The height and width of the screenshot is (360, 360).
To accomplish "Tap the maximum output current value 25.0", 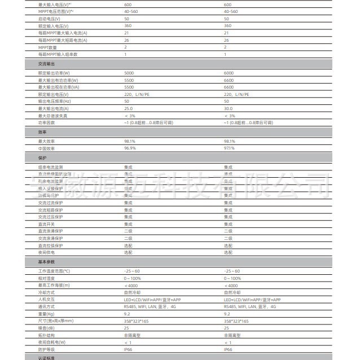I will point(129,108).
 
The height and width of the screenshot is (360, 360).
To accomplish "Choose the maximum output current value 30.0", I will point(229,108).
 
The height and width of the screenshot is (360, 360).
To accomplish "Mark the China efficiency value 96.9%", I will point(130,148).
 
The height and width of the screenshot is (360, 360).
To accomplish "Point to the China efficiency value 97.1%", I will point(230,148).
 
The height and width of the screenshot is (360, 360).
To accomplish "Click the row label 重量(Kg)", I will point(47,314).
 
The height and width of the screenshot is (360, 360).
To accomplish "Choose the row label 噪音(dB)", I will point(47,328).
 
